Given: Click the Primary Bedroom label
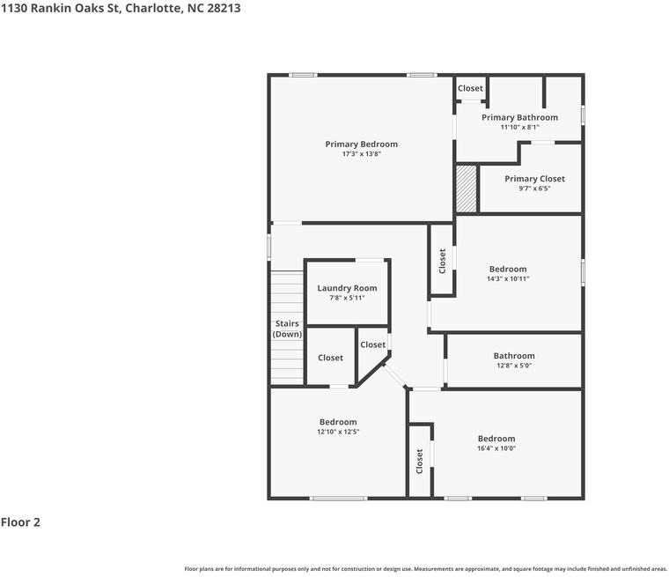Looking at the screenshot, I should (361, 144).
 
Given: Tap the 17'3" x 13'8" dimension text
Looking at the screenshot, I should (361, 154).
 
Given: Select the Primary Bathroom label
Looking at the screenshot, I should (519, 117).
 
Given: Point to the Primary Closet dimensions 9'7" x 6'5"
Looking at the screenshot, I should (534, 189).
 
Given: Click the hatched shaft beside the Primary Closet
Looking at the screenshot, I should (467, 188).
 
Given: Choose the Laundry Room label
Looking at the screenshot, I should (347, 288).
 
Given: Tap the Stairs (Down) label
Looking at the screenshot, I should (287, 329).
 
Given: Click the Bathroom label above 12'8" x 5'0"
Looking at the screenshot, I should (514, 356).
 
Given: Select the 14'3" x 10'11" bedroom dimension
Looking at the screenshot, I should (508, 279).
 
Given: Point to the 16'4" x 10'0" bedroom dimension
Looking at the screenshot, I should (496, 448).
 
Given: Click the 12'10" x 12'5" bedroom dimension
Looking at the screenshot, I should (338, 432).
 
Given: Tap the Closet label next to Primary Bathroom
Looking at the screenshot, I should (470, 88).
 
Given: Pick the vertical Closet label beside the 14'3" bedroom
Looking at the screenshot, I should (442, 260).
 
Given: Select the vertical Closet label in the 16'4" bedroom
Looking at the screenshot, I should (420, 461).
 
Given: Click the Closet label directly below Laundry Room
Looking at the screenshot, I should (330, 358).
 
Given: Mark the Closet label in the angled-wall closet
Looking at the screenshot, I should (372, 344).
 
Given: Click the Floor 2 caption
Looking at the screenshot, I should (20, 522).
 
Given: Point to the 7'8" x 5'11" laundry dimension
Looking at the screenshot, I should (347, 298).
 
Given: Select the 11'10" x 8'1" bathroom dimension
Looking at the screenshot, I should (519, 127).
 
